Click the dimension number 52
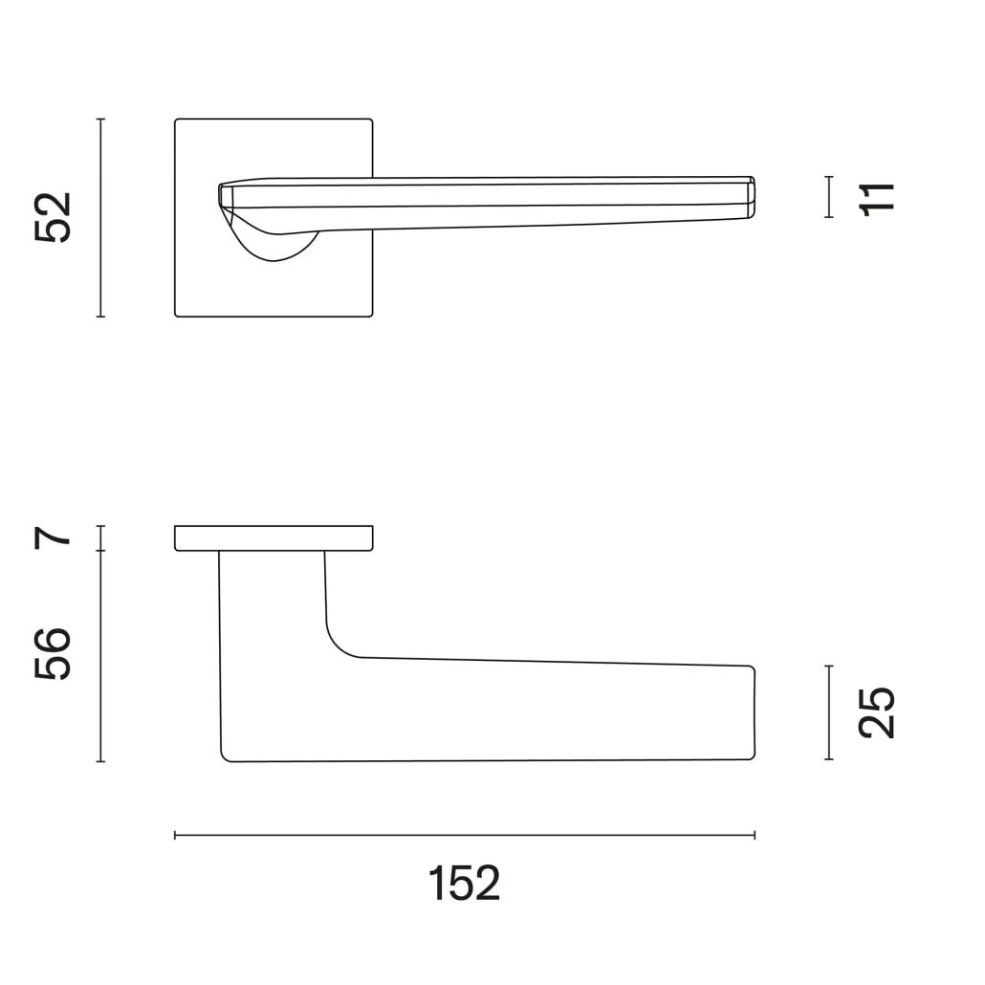click(x=54, y=217)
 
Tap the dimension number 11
click(x=878, y=199)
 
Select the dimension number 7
click(x=54, y=538)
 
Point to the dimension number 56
click(x=54, y=653)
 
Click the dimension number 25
click(x=876, y=712)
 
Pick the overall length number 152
click(x=464, y=884)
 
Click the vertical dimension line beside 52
click(x=100, y=217)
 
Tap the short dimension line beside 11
click(x=829, y=197)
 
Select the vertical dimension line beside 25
click(x=829, y=712)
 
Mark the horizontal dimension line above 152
click(x=464, y=836)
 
